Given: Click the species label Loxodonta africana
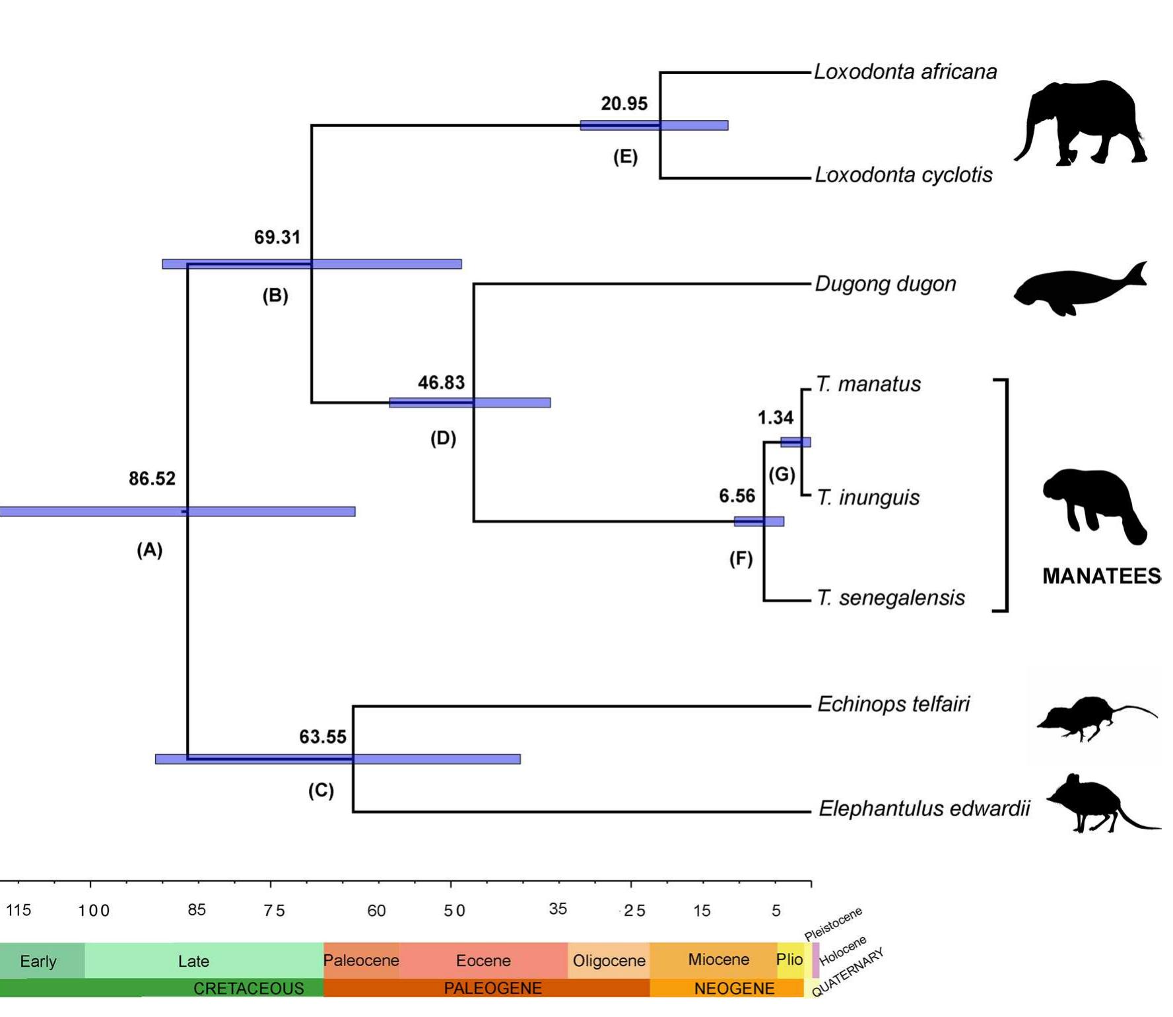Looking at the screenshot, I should [904, 71].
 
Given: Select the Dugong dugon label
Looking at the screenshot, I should [885, 284].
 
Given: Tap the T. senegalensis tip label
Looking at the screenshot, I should [890, 598].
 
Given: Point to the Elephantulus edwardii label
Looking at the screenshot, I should [923, 808].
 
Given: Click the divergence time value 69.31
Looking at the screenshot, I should [277, 237].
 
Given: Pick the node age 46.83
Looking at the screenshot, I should [441, 382].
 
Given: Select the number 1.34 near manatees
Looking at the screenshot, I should [775, 417].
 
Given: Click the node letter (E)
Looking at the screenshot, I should [625, 157].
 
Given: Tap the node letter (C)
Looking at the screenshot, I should [321, 790].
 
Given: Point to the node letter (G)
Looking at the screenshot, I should [782, 474].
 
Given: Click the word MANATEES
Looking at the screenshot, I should [1101, 576].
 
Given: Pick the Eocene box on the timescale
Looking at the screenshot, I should [483, 960].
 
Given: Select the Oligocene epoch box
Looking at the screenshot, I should [609, 960].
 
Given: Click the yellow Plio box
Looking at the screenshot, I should [789, 959].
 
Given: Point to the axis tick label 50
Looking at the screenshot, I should [454, 911].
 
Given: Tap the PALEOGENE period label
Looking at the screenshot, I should [492, 988].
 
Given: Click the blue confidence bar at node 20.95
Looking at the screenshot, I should [654, 125].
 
